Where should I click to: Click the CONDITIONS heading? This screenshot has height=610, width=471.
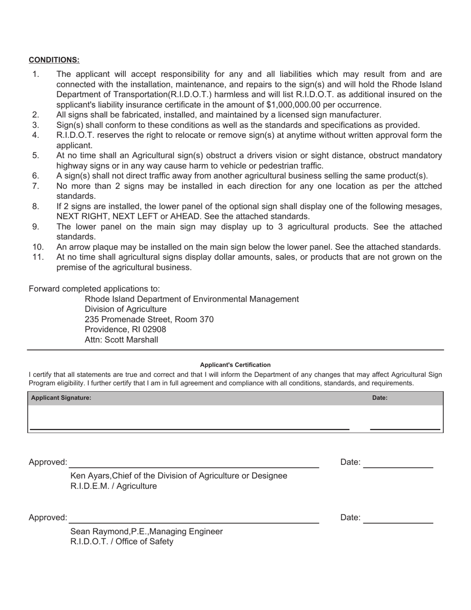point(54,60)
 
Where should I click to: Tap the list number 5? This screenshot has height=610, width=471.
point(36,155)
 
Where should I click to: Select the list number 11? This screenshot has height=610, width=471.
point(38,257)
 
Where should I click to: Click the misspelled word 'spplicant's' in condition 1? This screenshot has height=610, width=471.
point(77,105)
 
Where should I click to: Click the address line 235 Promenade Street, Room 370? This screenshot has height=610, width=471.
point(149,319)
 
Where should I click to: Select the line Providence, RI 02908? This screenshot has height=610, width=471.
point(125,329)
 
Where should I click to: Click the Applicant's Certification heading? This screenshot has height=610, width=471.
point(235,365)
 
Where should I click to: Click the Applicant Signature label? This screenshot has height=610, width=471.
point(61,398)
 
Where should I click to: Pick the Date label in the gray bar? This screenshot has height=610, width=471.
point(380,398)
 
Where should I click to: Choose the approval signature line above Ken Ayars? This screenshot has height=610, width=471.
point(193,467)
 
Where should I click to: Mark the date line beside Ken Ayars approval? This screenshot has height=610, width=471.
point(398,467)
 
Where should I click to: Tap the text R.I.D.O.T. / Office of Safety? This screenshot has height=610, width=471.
point(122,542)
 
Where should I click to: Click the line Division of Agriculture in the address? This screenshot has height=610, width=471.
point(125,309)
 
